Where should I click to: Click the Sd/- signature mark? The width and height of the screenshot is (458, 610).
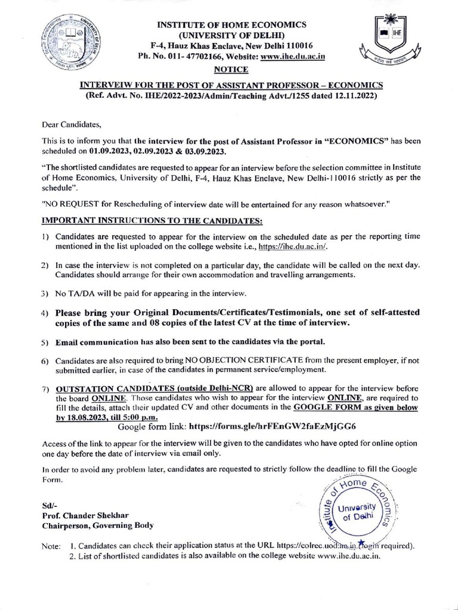pyautogui.click(x=48, y=505)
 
